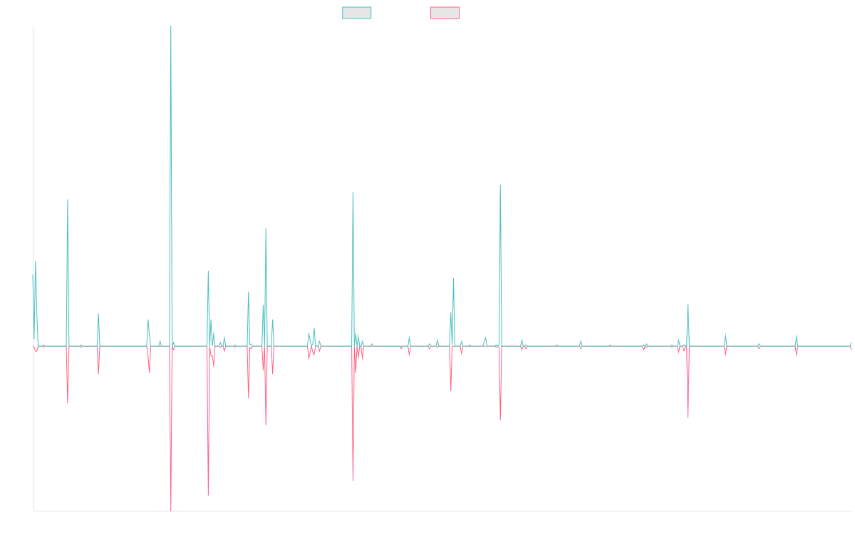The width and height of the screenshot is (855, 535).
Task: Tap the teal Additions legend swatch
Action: [x=357, y=13]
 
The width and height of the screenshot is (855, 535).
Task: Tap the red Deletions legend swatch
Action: [x=445, y=13]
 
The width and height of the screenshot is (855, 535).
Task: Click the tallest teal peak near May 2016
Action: [x=171, y=27]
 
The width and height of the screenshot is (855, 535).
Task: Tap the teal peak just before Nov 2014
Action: [x=68, y=200]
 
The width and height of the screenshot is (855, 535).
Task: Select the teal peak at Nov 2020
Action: [x=500, y=184]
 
